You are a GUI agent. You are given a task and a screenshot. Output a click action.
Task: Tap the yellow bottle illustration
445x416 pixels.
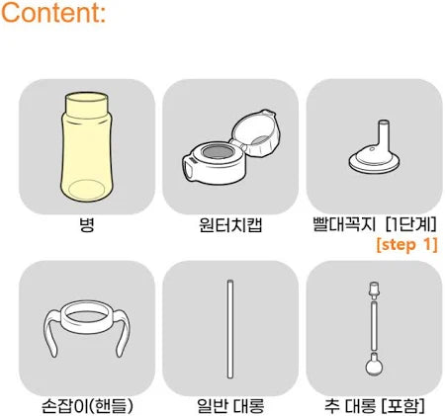click(87, 147)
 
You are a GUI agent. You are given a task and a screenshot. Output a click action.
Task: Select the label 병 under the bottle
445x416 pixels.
click(87, 225)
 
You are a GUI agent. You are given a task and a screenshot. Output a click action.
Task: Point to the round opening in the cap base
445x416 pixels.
click(218, 152)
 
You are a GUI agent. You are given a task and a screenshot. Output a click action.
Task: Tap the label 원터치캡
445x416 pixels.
click(230, 225)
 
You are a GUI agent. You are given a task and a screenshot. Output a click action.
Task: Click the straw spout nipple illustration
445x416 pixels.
click(375, 148)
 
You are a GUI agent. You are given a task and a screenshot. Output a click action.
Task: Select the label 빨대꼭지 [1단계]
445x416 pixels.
click(375, 224)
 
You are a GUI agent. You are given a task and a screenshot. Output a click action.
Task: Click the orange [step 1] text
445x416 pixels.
click(407, 245)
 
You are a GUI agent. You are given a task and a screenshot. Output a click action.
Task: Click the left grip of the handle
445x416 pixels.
click(51, 333)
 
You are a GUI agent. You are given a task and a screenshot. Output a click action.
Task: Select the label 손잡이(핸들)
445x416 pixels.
click(87, 406)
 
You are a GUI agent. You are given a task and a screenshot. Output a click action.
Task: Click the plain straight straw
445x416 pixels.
click(230, 329)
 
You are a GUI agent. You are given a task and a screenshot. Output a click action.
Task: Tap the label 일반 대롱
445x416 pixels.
click(230, 406)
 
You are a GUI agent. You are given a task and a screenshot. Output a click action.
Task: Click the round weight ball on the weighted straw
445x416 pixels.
click(375, 365)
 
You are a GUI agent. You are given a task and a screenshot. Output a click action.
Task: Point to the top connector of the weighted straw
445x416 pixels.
click(374, 291)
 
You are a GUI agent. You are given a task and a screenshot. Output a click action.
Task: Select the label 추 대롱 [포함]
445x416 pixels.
click(375, 406)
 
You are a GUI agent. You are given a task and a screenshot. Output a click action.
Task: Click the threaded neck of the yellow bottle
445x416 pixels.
click(87, 104)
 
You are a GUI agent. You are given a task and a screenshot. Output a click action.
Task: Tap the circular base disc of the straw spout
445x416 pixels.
click(375, 164)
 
